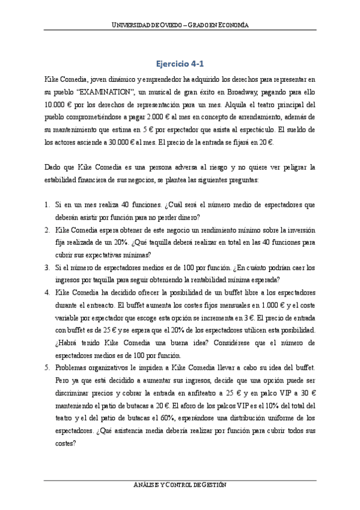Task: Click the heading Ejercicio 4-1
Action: coord(180,63)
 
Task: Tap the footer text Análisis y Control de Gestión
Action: coord(180,485)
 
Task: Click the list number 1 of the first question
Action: coord(47,205)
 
